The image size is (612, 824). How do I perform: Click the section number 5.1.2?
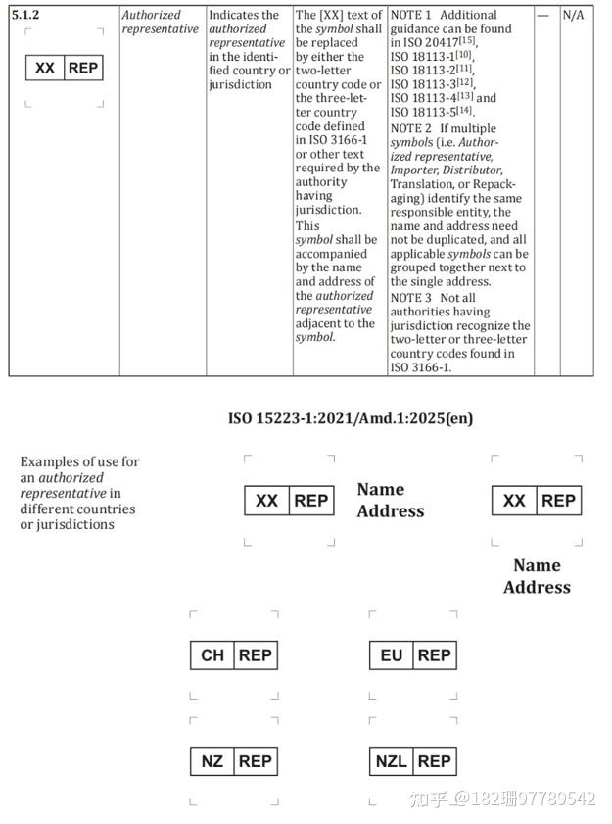coord(25,16)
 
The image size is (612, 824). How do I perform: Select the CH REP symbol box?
coord(233,654)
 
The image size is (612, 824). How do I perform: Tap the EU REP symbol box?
coord(412,654)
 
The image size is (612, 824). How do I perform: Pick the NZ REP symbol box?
coord(233,760)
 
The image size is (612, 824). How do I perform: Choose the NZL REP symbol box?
coord(412,760)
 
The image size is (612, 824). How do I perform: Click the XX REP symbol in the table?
coord(65,68)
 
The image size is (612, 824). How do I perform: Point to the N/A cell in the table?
coord(574,16)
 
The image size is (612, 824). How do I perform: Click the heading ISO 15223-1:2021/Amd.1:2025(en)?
coord(350,418)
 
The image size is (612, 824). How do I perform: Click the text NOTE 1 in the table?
coord(410,16)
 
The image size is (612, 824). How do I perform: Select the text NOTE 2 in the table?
coord(410,128)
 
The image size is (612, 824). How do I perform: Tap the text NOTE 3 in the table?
coord(410,297)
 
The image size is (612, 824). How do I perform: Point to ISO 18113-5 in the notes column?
coord(428,112)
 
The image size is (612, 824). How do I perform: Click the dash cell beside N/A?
coord(543,16)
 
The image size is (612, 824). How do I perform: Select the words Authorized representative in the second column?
coord(160,22)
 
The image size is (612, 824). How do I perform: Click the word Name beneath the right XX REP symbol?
coord(537,565)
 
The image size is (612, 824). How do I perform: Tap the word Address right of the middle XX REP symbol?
coord(391,510)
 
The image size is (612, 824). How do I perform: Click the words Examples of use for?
coord(80,461)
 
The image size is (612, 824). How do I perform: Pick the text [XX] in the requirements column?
coord(329,16)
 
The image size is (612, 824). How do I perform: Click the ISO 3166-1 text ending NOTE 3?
coord(421,367)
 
